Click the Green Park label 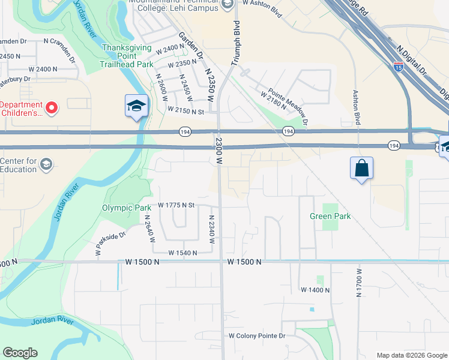[330, 216]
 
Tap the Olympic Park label [126, 208]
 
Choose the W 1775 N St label [177, 205]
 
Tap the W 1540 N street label [183, 253]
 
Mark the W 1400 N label [316, 290]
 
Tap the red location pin [52, 108]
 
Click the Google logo [20, 353]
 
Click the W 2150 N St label [187, 111]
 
